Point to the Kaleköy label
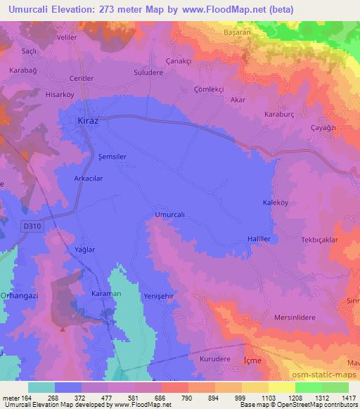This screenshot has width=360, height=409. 276,202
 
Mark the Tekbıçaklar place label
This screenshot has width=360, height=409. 320,240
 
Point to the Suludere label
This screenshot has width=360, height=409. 148,72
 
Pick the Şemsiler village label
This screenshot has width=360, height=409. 112,157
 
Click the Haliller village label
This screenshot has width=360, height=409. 261,239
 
